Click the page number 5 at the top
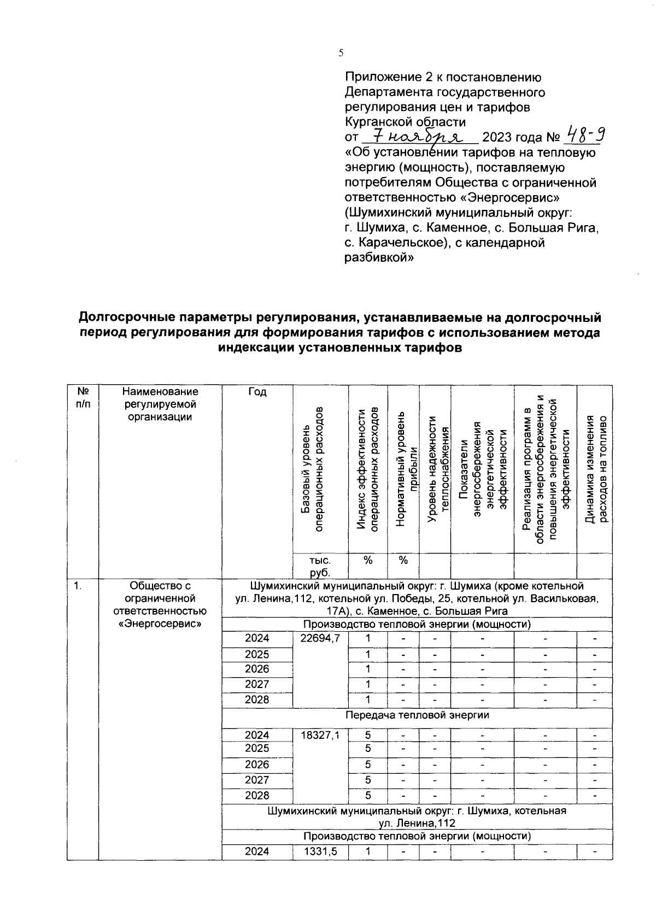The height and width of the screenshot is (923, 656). (x=341, y=53)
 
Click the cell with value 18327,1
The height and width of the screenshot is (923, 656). (x=320, y=735)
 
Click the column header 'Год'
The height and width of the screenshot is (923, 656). (x=257, y=392)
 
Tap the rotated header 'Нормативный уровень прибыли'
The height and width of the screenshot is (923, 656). (x=403, y=469)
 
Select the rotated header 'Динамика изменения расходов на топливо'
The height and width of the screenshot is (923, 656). (x=595, y=469)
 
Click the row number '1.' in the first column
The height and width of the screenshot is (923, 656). (x=78, y=586)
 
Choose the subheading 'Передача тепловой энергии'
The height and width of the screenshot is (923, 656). (x=417, y=715)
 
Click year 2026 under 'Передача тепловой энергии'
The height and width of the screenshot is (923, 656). (x=257, y=765)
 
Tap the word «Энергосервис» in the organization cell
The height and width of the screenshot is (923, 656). (x=160, y=624)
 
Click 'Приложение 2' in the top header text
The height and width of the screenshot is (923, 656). (x=382, y=77)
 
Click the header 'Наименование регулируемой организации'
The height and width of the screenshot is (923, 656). (x=160, y=404)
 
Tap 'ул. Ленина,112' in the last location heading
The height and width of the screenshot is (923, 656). (x=417, y=823)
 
